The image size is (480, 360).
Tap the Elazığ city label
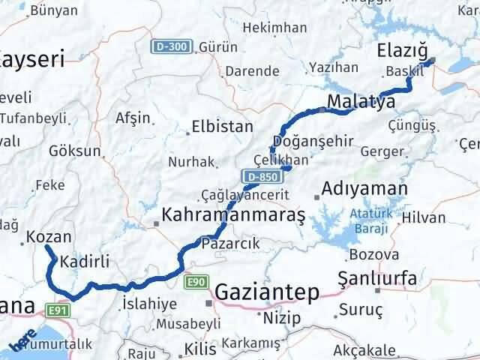click(402, 52)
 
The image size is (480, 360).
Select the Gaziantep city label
click(267, 291)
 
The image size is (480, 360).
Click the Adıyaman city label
click(364, 188)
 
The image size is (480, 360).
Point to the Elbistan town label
click(222, 127)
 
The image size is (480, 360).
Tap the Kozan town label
click(49, 236)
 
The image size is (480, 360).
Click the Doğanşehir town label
click(313, 142)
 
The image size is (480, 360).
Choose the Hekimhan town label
click(276, 28)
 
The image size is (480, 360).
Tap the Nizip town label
click(281, 318)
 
